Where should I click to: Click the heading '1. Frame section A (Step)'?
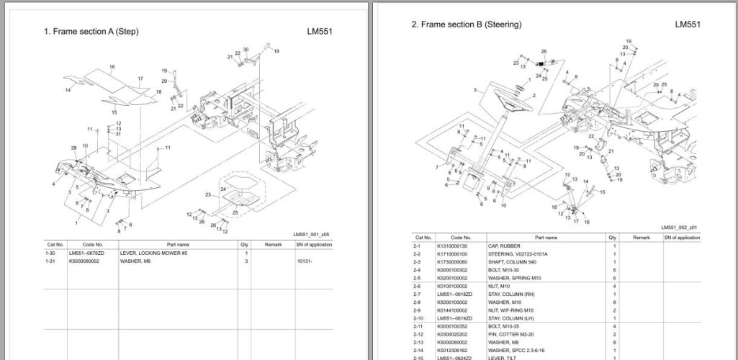point(91,32)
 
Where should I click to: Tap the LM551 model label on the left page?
point(319,32)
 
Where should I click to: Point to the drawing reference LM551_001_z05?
point(311,235)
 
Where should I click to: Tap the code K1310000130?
point(453,246)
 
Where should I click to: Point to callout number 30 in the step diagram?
point(246,49)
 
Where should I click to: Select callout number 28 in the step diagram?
point(73,148)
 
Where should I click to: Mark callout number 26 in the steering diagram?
point(544,51)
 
